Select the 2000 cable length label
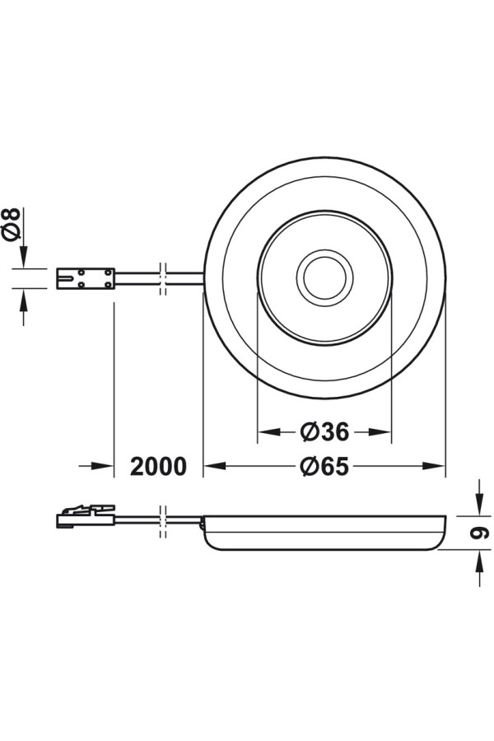click(158, 467)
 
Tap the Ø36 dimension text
click(324, 431)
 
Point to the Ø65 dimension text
click(324, 467)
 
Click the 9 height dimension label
click(479, 532)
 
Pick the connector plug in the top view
click(86, 278)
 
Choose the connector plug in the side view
click(86, 516)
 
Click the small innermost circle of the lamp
click(324, 278)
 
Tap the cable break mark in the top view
click(163, 278)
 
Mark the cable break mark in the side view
click(163, 521)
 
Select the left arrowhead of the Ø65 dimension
click(214, 467)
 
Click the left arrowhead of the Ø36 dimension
click(268, 431)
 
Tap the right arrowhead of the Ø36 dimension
click(380, 431)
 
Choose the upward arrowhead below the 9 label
click(479, 561)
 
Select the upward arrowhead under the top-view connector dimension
click(23, 299)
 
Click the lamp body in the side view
click(324, 532)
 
